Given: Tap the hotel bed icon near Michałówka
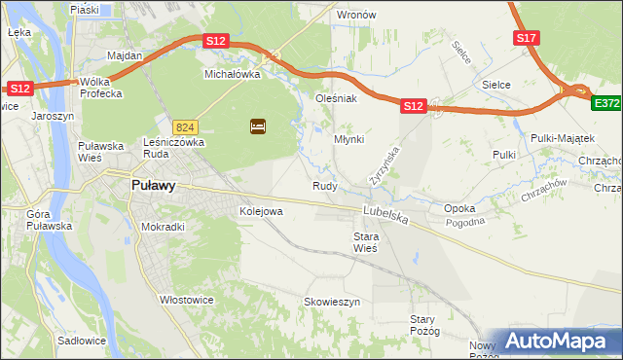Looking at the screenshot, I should click(x=258, y=126).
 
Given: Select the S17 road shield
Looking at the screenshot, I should click(x=527, y=38).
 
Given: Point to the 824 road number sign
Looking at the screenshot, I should click(x=185, y=127).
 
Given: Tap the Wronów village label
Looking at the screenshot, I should click(x=355, y=16).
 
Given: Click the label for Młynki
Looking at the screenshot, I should click(x=348, y=139).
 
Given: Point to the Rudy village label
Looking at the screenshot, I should click(x=324, y=186).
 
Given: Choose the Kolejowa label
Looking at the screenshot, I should click(x=261, y=210).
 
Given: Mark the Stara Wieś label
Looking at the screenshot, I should click(x=365, y=242).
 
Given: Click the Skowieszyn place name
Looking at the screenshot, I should click(x=332, y=303).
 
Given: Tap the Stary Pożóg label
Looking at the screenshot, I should click(x=424, y=325).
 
